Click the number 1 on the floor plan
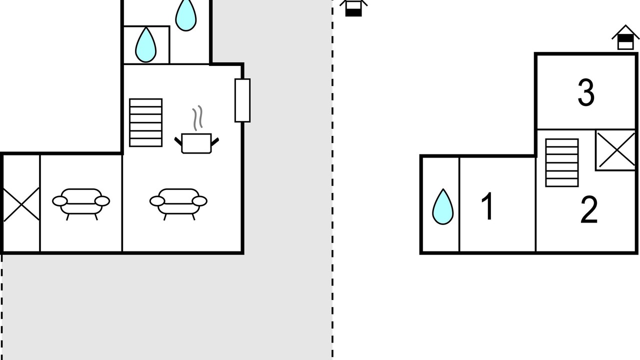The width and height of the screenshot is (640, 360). pyautogui.click(x=487, y=206)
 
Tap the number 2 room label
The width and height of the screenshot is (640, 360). pyautogui.click(x=589, y=210)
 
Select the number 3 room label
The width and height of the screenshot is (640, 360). pyautogui.click(x=586, y=92)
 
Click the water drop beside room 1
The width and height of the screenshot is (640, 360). pyautogui.click(x=442, y=206)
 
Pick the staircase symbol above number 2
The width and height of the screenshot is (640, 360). pyautogui.click(x=561, y=162)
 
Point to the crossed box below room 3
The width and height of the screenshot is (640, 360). pyautogui.click(x=616, y=150)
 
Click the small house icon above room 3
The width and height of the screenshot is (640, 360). pyautogui.click(x=625, y=38)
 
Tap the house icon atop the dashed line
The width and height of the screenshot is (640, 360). pyautogui.click(x=353, y=7)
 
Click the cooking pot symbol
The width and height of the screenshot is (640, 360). pyautogui.click(x=196, y=143)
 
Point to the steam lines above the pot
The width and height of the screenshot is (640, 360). pyautogui.click(x=198, y=117)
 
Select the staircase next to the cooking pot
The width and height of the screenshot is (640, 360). pyautogui.click(x=145, y=122)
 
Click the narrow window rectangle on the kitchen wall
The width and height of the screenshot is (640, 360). pyautogui.click(x=242, y=100)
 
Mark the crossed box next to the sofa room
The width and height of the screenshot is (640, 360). pyautogui.click(x=21, y=204)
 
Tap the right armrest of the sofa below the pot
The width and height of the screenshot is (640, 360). pyautogui.click(x=200, y=201)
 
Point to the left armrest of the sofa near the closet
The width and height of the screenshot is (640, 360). pyautogui.click(x=59, y=201)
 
